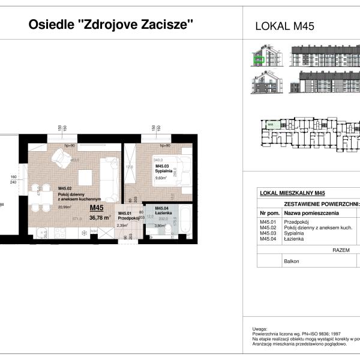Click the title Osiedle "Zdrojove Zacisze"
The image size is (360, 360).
coord(112,25)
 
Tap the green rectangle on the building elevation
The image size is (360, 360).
coord(260,59)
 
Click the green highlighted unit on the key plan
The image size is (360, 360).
coord(271,125)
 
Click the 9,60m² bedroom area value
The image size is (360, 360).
coord(163,179)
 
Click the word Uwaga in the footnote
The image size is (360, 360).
coord(259,329)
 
